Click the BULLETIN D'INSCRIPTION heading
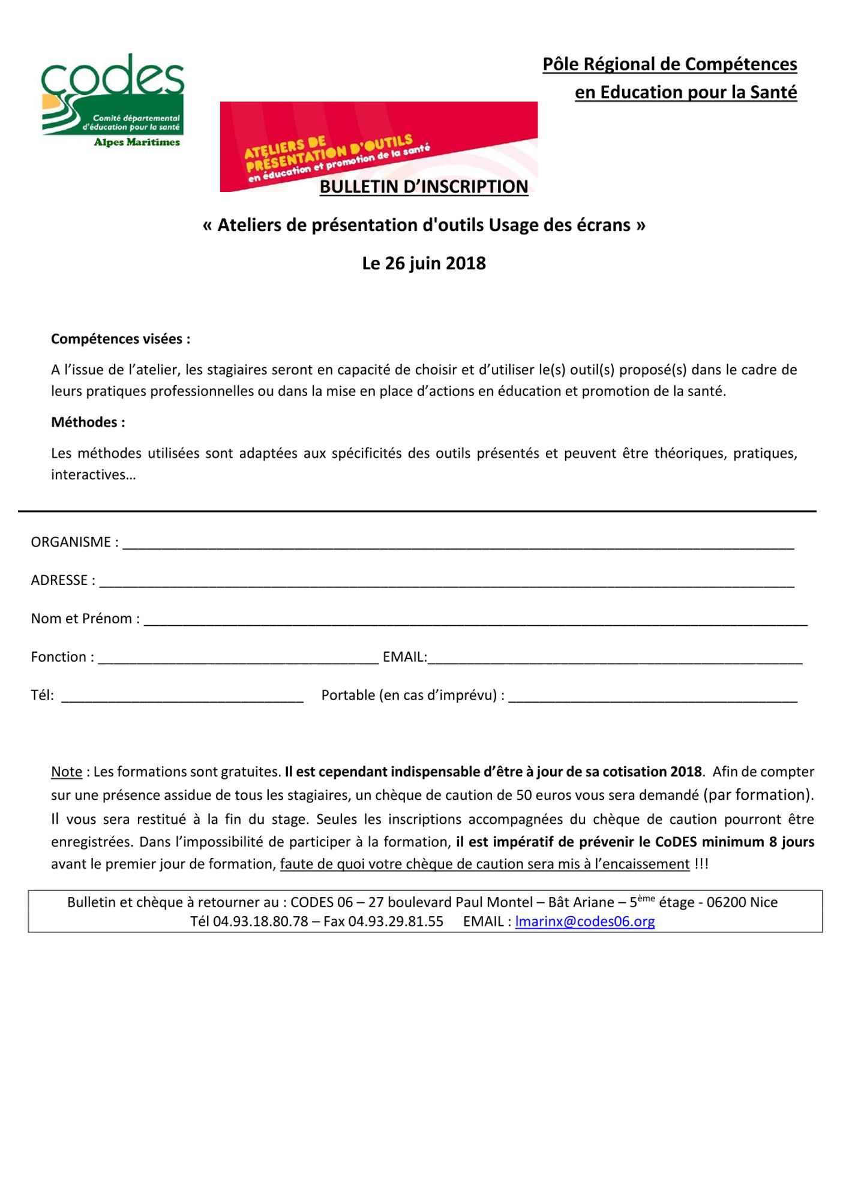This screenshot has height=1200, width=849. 424,187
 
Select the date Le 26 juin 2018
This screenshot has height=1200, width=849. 424,263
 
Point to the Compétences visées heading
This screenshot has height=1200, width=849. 121,339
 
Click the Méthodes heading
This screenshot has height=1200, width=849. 88,422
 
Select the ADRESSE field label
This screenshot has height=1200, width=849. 63,580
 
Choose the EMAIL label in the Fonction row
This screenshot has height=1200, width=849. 404,657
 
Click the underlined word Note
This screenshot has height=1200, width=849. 67,772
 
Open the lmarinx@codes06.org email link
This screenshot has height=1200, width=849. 585,922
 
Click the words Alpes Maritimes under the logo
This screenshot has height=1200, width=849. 137,142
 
